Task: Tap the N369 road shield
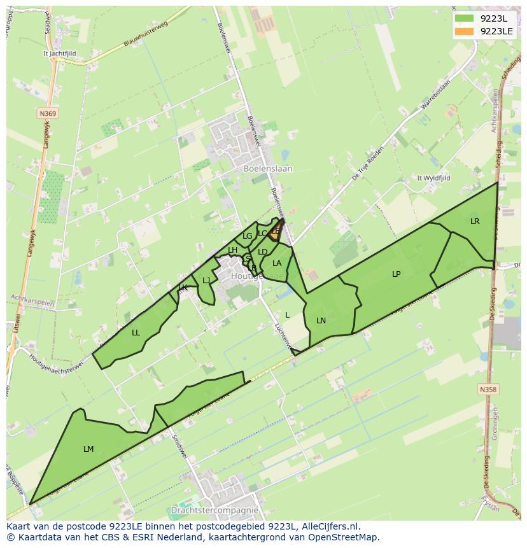pos(46,113)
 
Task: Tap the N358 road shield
pos(488,389)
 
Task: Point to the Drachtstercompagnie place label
pos(214,510)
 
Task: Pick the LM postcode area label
pos(88,449)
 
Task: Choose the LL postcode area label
pos(136,333)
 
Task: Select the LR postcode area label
pos(475,221)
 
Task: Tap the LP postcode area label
pos(396,274)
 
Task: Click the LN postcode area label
pos(321,321)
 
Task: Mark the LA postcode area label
pos(277,263)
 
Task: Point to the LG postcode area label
pos(248,236)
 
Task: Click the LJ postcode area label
pos(206,281)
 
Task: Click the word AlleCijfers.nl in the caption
pos(331,526)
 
